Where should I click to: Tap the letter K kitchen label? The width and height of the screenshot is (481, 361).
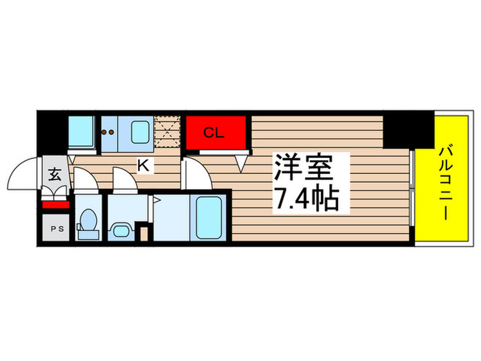(x=145, y=165)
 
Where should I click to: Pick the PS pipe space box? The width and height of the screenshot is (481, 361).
(x=54, y=228)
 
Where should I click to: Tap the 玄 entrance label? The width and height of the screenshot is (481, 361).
(x=55, y=174)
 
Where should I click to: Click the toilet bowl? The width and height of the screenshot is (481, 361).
(x=88, y=223)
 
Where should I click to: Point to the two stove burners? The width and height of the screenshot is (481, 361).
(x=109, y=131)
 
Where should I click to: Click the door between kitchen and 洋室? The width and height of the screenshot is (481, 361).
(x=194, y=172)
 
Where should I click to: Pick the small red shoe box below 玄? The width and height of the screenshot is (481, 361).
(x=55, y=204)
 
